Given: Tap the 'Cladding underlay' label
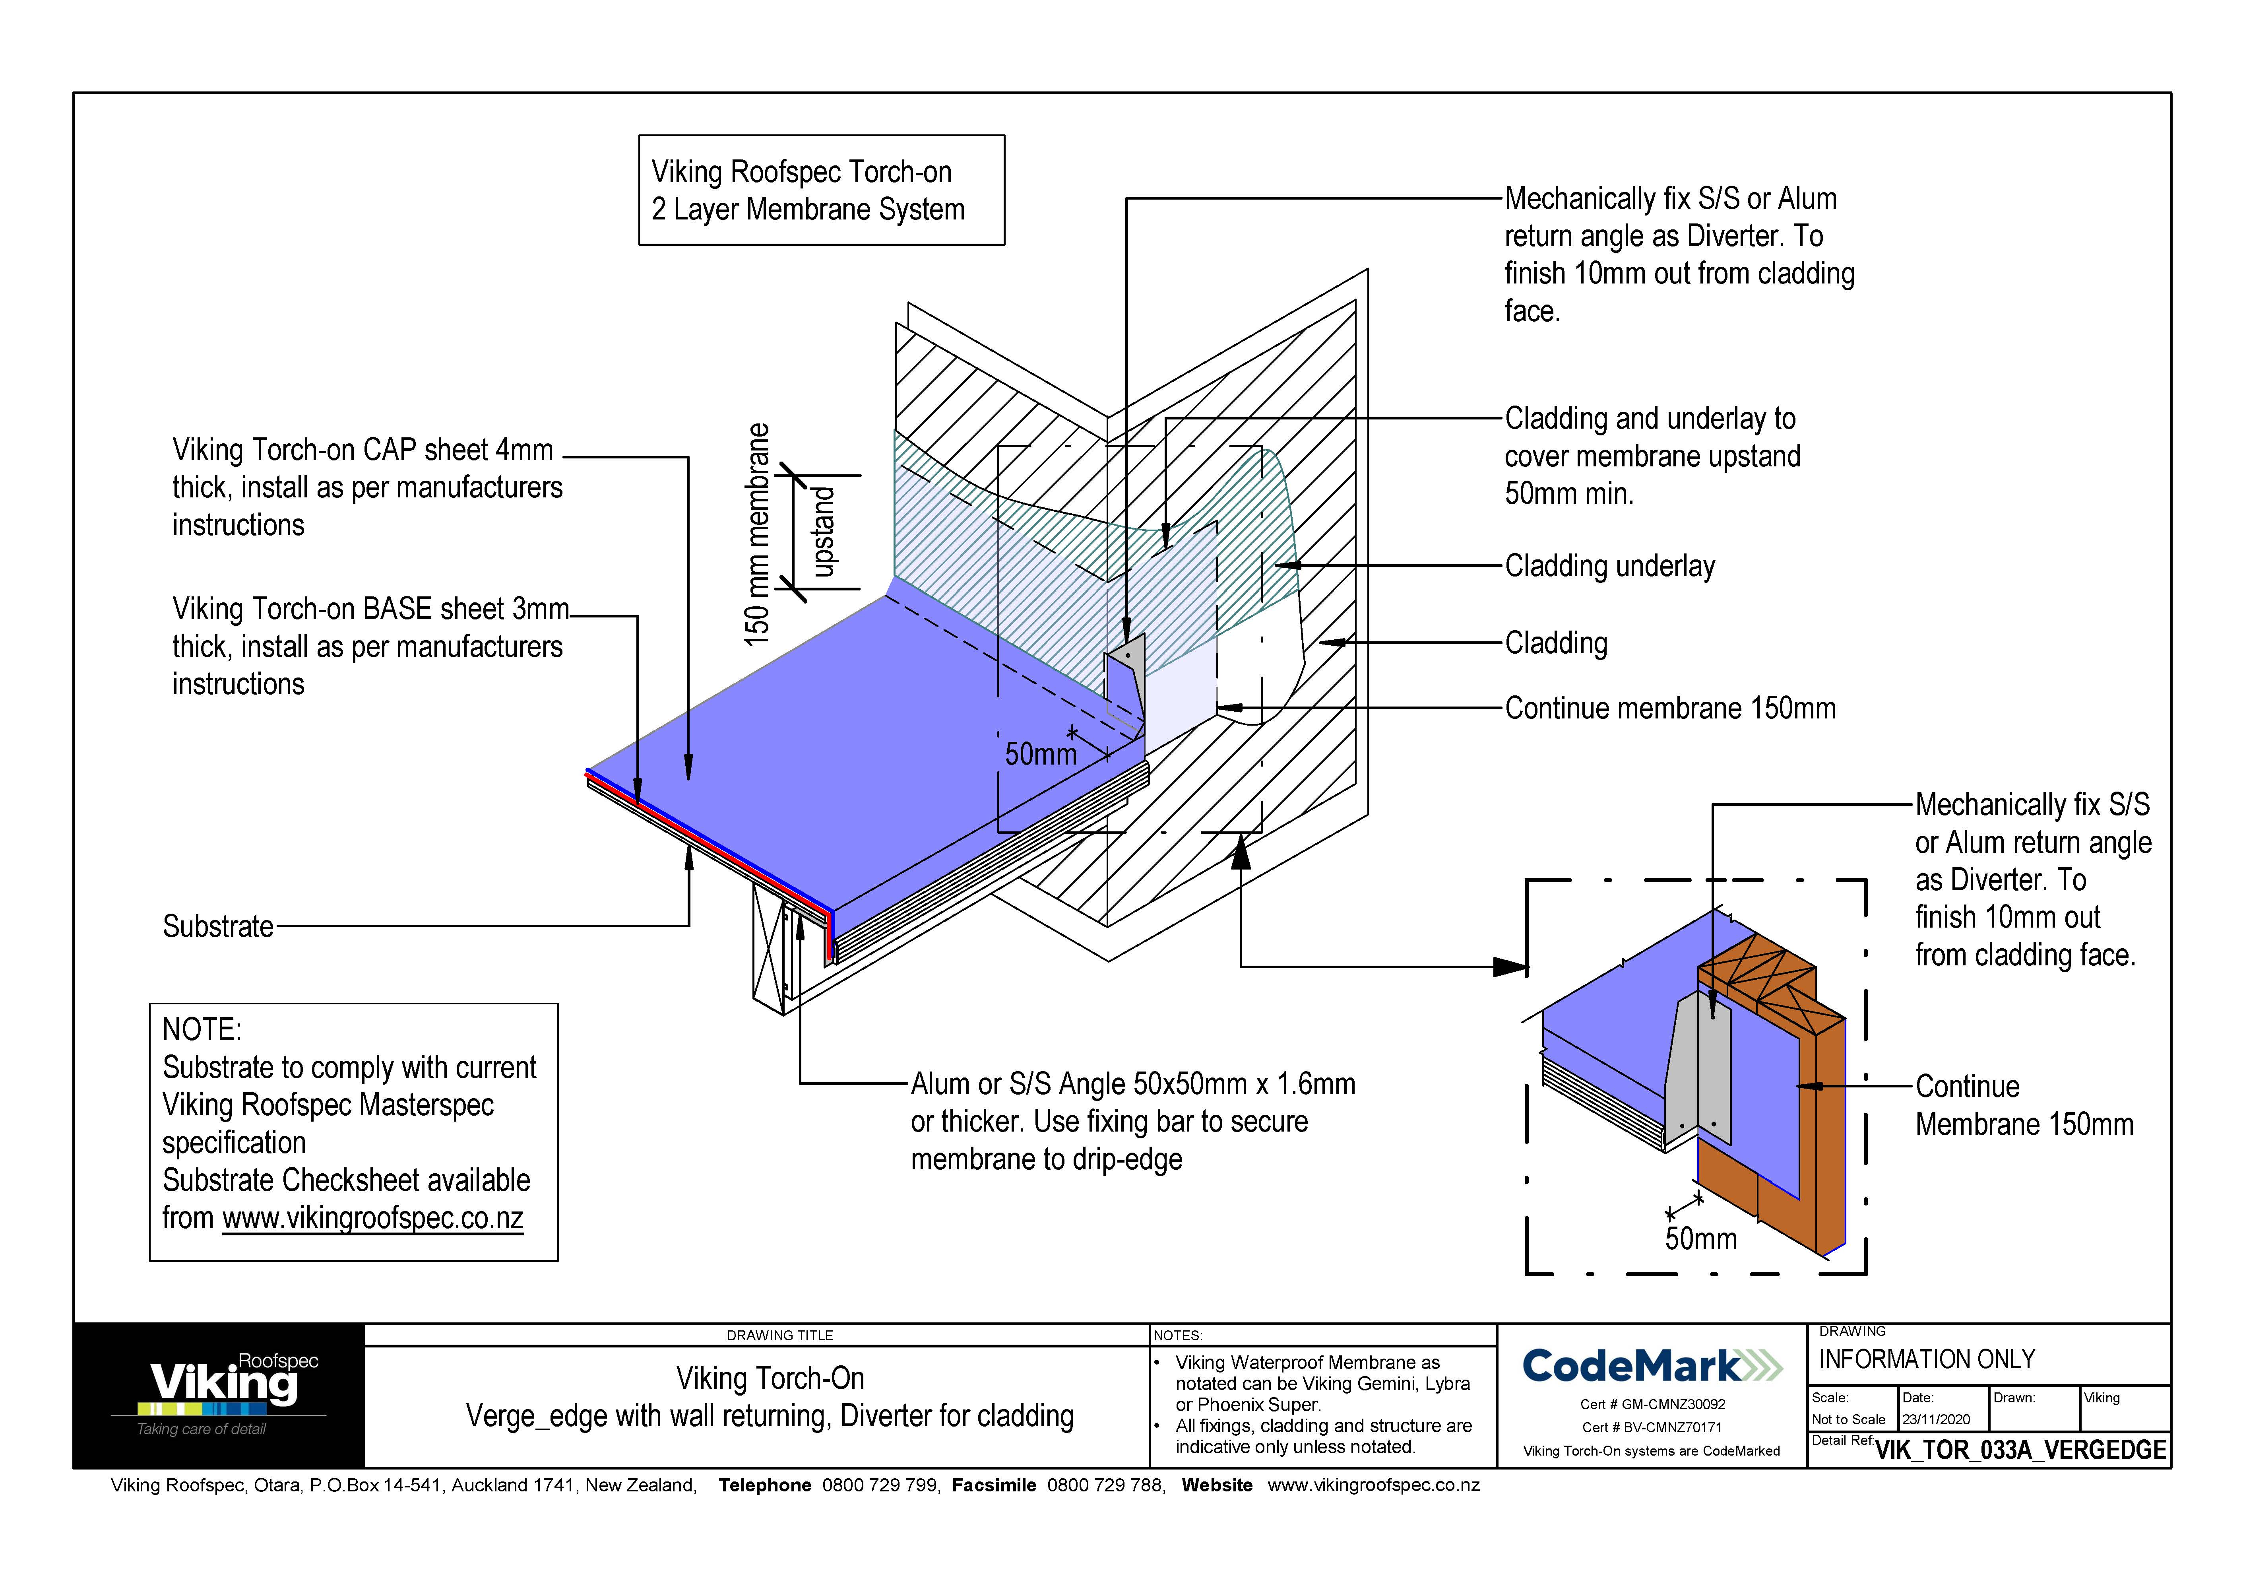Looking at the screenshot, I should coord(1609,566).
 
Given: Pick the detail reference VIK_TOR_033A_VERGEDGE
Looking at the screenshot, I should coord(2020,1449).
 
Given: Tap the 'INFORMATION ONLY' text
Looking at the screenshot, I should coord(1926,1359).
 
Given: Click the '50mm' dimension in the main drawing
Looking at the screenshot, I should coord(1040,754).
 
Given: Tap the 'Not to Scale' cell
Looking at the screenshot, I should coord(1848,1419).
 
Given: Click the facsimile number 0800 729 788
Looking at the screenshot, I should coord(1106,1485).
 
